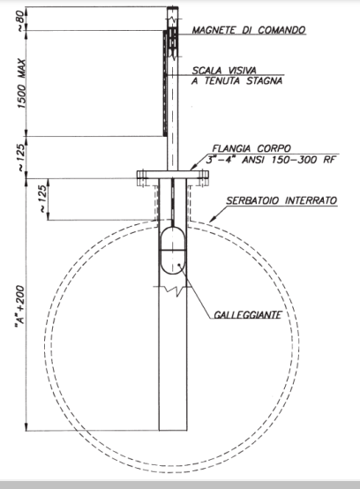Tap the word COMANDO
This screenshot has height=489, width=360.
click(x=281, y=30)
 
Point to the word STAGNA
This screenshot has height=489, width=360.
click(x=265, y=81)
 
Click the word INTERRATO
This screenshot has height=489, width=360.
click(x=311, y=200)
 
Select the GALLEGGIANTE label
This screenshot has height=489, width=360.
click(x=248, y=315)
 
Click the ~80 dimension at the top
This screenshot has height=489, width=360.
click(x=19, y=20)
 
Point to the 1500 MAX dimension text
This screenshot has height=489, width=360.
click(x=21, y=84)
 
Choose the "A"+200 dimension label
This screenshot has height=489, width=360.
click(x=20, y=307)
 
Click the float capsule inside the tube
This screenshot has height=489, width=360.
click(x=173, y=251)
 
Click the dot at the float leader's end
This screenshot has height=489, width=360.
click(x=179, y=265)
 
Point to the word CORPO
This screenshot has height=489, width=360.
click(x=274, y=148)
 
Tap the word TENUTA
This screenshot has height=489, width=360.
click(x=222, y=81)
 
